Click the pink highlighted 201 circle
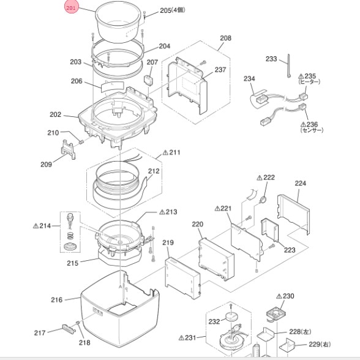click(x=71, y=7)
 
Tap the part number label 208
click(x=225, y=38)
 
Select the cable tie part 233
click(x=288, y=66)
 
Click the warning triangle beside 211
click(x=165, y=152)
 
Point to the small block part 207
click(x=148, y=80)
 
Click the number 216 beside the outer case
click(x=56, y=300)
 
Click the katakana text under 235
click(x=309, y=82)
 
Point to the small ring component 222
click(x=263, y=200)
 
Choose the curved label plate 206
click(x=113, y=86)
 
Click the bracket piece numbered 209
click(x=68, y=149)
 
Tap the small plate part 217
click(x=69, y=329)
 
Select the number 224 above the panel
click(x=300, y=183)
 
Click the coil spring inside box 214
click(x=70, y=235)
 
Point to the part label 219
click(x=168, y=242)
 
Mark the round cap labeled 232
click(x=231, y=317)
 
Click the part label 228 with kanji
click(x=300, y=332)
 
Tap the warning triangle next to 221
click(x=217, y=208)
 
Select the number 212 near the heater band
click(x=154, y=171)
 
